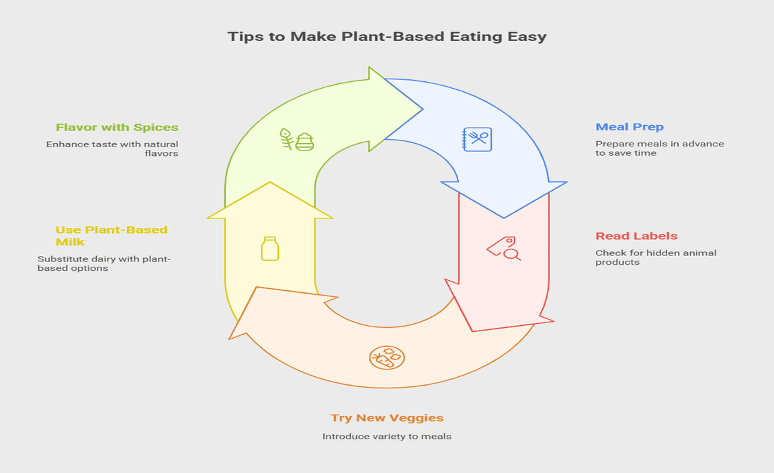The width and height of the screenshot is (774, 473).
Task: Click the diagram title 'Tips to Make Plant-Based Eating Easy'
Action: click(x=387, y=36)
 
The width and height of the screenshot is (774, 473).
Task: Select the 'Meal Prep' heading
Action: click(x=630, y=127)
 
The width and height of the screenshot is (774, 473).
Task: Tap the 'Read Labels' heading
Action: click(x=636, y=236)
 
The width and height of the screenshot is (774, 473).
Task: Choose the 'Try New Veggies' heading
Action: click(x=387, y=418)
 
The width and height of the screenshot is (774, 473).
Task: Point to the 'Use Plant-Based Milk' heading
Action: click(x=112, y=236)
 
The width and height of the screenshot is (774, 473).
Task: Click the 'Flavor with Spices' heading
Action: click(x=117, y=127)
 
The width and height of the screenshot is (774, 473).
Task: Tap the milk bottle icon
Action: click(x=270, y=248)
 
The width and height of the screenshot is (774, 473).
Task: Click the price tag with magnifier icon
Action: click(x=504, y=248)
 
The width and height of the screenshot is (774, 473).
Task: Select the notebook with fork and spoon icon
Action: click(x=477, y=139)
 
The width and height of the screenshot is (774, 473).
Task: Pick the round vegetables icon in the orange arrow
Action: click(x=386, y=357)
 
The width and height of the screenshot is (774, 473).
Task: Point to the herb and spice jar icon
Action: click(x=296, y=140)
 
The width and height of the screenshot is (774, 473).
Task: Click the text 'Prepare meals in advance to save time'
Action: click(x=659, y=148)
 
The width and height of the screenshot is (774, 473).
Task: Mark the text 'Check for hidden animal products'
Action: click(x=656, y=257)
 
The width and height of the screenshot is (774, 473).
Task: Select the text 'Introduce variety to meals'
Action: click(x=387, y=436)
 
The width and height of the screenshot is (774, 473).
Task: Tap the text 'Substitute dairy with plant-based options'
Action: click(x=104, y=263)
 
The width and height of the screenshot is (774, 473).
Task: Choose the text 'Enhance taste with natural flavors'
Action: click(x=112, y=148)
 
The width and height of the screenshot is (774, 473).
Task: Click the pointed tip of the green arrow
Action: click(x=421, y=109)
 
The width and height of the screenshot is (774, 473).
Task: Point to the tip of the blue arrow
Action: click(x=504, y=217)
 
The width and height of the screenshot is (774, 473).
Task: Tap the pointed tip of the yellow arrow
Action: click(x=270, y=183)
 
